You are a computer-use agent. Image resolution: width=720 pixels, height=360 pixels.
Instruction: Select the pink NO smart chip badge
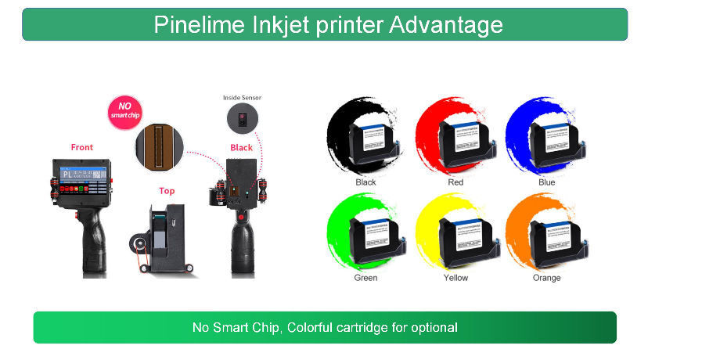click(x=124, y=112)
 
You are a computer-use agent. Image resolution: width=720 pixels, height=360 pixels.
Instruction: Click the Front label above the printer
click(x=82, y=147)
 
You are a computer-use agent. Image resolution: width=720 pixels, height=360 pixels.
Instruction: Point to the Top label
click(x=167, y=190)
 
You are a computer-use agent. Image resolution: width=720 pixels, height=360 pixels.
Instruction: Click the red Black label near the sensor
click(x=241, y=147)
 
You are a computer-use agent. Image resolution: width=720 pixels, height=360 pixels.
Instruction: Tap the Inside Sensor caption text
click(x=242, y=98)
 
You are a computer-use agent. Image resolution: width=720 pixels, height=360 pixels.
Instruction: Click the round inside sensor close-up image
click(x=242, y=119)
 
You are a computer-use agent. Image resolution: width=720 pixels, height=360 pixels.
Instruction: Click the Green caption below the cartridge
click(x=365, y=277)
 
